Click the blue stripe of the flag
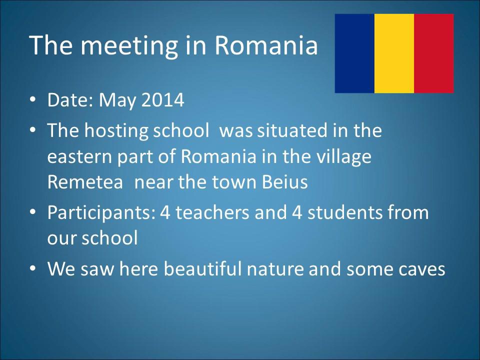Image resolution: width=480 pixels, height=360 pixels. coord(354,53)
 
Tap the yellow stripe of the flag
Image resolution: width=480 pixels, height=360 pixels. coord(394,53)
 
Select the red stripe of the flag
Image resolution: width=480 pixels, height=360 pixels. coord(434,53)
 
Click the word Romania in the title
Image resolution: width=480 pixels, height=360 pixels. coord(266,45)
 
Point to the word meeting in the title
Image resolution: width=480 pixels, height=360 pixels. coord(129,46)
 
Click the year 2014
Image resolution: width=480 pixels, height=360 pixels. coord(162,100)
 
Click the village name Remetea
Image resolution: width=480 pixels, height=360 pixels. coord(85,182)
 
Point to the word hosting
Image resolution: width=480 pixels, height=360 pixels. coord(116,131)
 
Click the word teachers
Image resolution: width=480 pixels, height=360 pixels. coord(212,212)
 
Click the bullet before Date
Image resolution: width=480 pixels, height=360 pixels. coord(33,100)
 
